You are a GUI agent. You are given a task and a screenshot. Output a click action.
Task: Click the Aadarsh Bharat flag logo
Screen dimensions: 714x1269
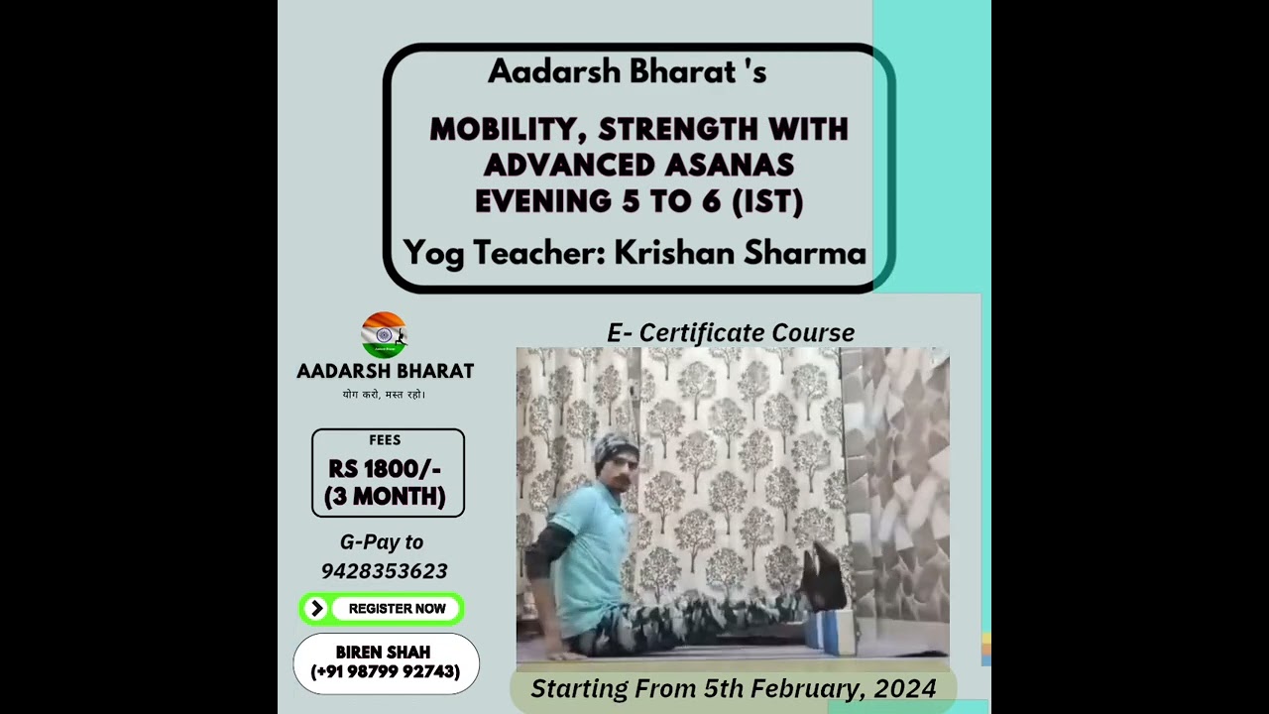pos(384,335)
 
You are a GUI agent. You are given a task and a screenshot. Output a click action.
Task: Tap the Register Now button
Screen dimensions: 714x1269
pos(397,609)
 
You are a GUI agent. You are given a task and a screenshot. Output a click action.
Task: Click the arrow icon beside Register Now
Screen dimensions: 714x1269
pos(316,609)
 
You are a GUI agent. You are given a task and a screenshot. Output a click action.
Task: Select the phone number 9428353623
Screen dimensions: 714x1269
pos(385,571)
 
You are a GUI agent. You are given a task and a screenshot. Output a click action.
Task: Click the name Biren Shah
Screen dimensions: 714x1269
pos(383,653)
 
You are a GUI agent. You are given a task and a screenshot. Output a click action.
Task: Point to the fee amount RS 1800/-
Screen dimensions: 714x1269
pos(385,469)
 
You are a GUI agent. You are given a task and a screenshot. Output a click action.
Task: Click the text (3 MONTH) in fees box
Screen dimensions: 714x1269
pos(385,496)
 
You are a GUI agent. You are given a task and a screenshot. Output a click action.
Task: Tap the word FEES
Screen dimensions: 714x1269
pos(385,440)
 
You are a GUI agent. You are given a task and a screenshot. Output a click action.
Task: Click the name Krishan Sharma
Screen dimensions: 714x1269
pos(740,253)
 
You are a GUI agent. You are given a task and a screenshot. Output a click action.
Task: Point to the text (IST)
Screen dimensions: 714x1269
pos(766,201)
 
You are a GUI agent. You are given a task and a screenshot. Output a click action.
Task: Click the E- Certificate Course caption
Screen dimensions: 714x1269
pos(731,333)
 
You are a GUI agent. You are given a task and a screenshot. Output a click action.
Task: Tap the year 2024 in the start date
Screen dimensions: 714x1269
pos(905,688)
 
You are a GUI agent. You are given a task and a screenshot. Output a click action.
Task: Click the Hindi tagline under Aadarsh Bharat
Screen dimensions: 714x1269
pos(384,395)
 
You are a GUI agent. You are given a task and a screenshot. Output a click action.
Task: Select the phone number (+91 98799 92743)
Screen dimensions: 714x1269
pos(385,672)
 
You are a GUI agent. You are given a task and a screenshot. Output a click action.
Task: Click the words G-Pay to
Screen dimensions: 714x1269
pos(382,541)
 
